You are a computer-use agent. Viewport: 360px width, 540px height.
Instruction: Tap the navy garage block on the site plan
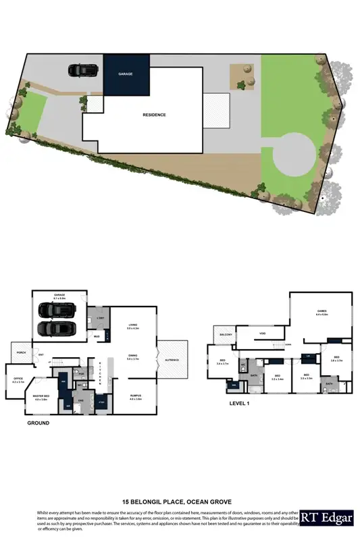coord(126,76)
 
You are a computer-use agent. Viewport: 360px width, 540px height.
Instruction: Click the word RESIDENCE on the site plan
coord(154,115)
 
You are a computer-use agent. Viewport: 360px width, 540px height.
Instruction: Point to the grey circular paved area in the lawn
coord(292,155)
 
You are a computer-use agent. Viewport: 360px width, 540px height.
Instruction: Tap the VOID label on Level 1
coord(262,333)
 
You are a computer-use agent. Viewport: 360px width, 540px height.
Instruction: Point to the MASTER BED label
coord(42,398)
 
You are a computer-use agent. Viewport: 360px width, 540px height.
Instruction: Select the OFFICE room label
coord(18,380)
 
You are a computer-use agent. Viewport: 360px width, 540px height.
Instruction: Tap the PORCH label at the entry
coord(22,352)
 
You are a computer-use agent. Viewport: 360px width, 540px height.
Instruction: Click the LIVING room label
coord(133,326)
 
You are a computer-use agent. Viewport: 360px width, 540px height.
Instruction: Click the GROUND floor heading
coord(38,424)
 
